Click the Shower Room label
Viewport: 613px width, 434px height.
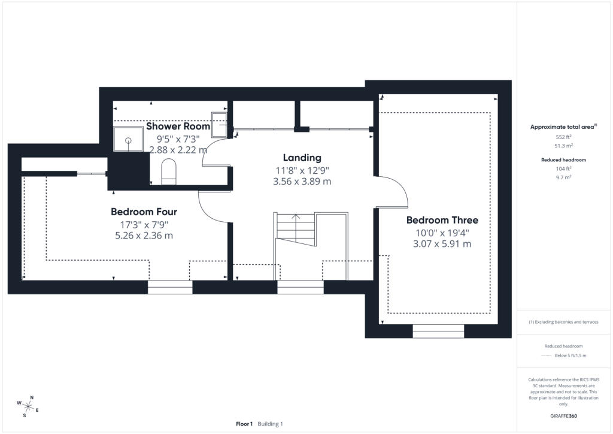[x=178, y=126]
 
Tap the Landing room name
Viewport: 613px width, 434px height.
[x=302, y=158]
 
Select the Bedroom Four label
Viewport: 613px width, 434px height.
[x=144, y=212]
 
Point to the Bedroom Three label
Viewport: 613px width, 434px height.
[x=442, y=221]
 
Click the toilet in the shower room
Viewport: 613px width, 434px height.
[x=169, y=171]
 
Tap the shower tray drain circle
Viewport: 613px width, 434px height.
[x=128, y=140]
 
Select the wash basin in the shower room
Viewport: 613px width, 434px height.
[x=219, y=125]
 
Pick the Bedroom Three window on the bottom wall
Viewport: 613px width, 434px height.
[x=438, y=331]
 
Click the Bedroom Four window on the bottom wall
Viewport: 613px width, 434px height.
[x=170, y=287]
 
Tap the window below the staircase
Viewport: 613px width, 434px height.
[x=301, y=287]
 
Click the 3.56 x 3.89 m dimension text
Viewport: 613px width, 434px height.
[x=302, y=182]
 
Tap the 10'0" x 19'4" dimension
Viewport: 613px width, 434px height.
[x=442, y=233]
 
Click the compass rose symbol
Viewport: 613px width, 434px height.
[x=28, y=406]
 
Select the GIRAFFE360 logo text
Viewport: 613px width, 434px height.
[x=563, y=416]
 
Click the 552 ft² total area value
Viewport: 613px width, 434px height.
[x=563, y=137]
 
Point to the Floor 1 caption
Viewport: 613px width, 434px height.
[x=244, y=424]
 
